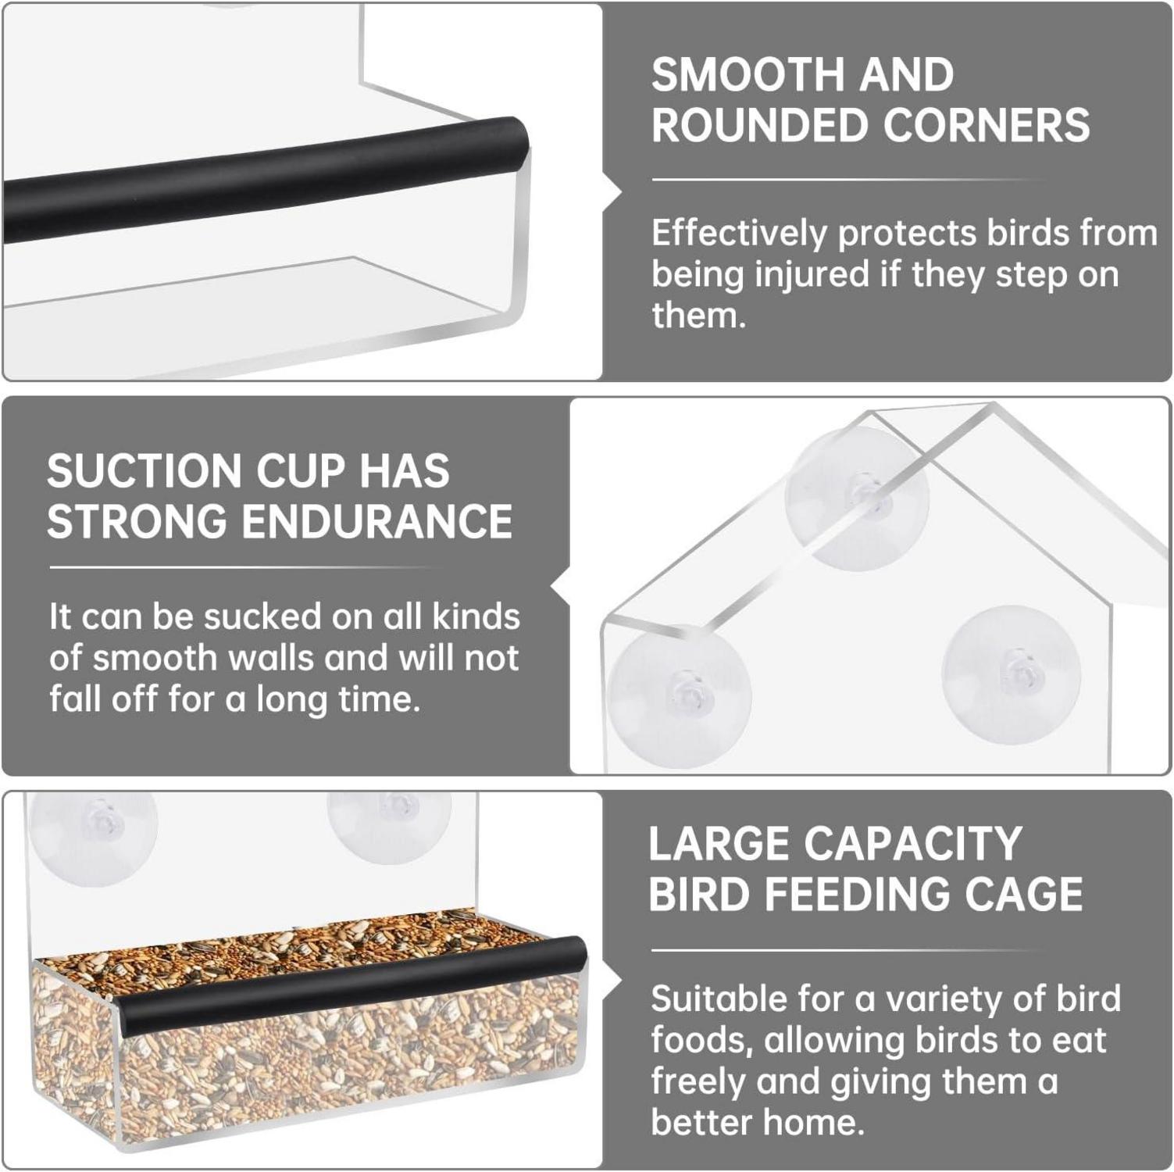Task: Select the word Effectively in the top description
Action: point(739,234)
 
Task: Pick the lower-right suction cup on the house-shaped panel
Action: point(1011,674)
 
